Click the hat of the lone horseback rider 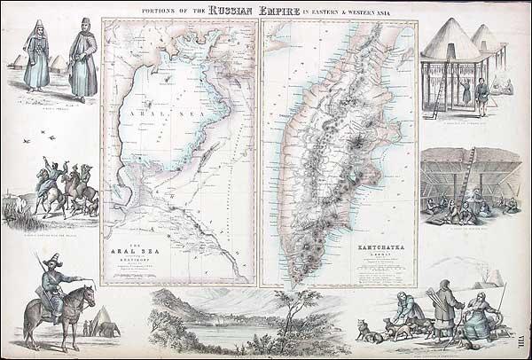[52, 260]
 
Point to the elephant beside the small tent [109, 330]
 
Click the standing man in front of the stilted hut [481, 96]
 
